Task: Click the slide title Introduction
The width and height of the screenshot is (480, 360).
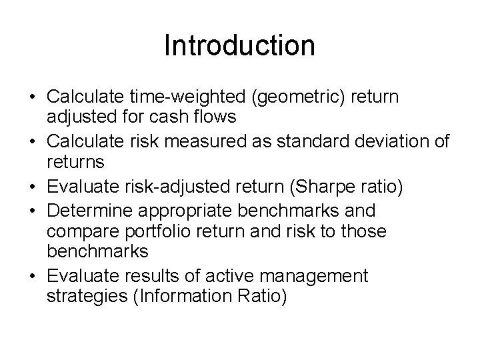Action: click(x=239, y=46)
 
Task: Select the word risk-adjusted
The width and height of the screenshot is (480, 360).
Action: click(x=177, y=189)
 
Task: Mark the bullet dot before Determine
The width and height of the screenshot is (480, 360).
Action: click(x=32, y=211)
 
